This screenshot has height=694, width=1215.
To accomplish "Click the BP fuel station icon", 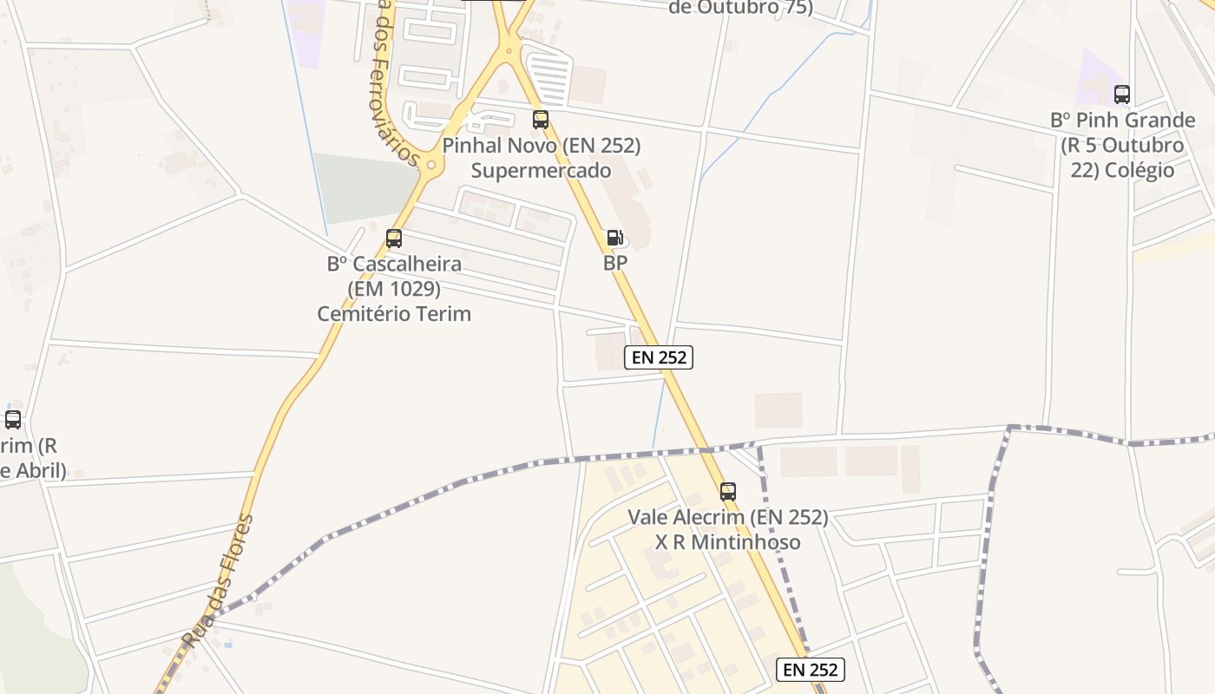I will [x=614, y=237].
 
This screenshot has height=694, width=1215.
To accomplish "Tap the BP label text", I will [x=615, y=263].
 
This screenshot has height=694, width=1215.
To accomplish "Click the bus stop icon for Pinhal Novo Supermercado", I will [x=541, y=120].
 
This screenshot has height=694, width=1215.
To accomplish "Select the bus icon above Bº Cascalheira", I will [x=394, y=238].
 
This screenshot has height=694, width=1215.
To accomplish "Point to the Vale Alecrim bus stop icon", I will [x=728, y=492].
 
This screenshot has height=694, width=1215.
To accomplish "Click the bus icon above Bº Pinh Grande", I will [x=1122, y=95].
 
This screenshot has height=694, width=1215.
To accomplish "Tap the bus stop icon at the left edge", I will [x=13, y=420].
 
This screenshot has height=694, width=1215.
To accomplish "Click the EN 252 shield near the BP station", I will [x=659, y=357].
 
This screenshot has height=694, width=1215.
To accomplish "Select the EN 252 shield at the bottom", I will [x=811, y=669].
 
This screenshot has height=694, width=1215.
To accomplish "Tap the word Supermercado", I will [x=542, y=171].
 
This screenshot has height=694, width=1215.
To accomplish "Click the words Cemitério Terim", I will [x=394, y=313].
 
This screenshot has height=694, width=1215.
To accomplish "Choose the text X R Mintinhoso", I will [x=728, y=543].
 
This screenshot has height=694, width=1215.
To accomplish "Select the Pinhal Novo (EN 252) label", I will [x=542, y=146].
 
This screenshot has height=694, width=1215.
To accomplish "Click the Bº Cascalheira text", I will [x=394, y=264].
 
